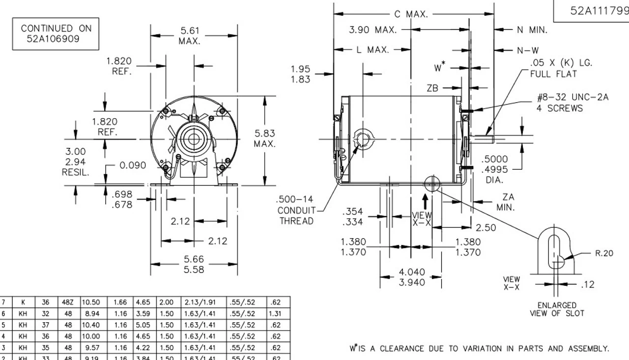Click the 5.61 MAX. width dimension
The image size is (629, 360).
tap(189, 36)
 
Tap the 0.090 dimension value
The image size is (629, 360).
tap(134, 166)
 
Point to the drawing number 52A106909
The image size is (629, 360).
tap(53, 38)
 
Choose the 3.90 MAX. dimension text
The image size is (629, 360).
tap(372, 30)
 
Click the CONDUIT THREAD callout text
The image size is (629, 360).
tap(296, 216)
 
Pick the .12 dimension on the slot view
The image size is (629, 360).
tap(588, 284)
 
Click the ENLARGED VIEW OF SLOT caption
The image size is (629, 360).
tap(557, 309)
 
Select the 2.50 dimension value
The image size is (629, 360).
tap(486, 228)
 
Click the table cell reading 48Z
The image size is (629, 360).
tap(68, 304)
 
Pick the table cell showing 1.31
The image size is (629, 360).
tap(275, 314)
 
